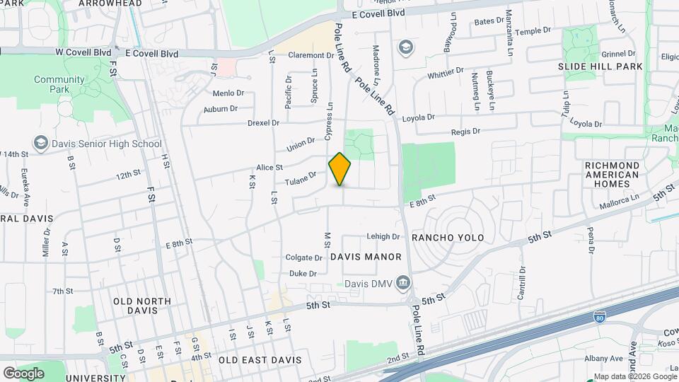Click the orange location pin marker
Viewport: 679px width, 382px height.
pos(340,169)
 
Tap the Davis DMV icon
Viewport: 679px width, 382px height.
pos(402,284)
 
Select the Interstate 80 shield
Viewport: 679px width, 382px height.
pos(599,318)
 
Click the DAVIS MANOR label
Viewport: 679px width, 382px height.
pos(366,257)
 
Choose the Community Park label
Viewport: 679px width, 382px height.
pos(59,85)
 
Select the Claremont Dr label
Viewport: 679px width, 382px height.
pos(311,55)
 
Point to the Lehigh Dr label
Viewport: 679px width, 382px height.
pos(383,236)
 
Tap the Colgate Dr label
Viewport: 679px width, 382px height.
pos(304,257)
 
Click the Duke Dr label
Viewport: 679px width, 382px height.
pos(303,273)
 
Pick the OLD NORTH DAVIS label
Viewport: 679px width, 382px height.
pos(142,306)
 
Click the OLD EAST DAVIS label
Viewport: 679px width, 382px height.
pos(260,360)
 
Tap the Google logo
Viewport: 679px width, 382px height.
pos(23,373)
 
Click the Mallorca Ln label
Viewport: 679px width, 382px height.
pos(619,200)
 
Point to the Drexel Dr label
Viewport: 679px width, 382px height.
pos(264,123)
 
